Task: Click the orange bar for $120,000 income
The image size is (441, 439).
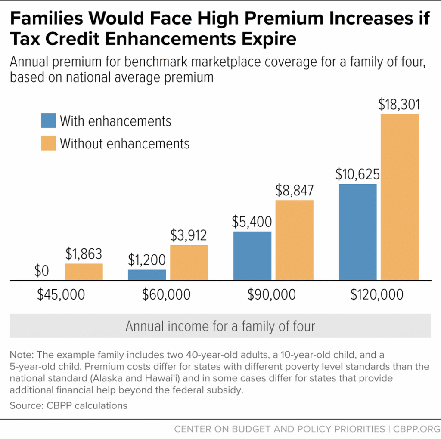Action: tap(400, 197)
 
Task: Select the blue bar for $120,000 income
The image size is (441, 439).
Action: tap(357, 232)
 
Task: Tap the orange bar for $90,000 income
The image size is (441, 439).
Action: tap(295, 240)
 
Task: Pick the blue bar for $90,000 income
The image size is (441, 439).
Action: tap(252, 256)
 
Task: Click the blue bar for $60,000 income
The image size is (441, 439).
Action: tap(147, 275)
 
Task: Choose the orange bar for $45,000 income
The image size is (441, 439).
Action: tap(84, 272)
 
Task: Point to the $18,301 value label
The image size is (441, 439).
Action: tap(400, 104)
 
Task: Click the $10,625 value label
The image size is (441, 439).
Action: tap(357, 174)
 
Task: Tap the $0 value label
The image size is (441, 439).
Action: tap(41, 271)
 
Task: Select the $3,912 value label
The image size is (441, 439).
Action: tap(189, 235)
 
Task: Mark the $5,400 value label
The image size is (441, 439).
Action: tap(252, 222)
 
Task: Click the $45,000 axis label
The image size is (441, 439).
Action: tap(61, 295)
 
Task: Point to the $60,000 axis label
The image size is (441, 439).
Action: tap(166, 295)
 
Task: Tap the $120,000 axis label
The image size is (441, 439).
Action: tap(377, 295)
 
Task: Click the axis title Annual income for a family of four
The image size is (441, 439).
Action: tap(220, 326)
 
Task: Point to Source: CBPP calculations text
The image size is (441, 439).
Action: tap(68, 405)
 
